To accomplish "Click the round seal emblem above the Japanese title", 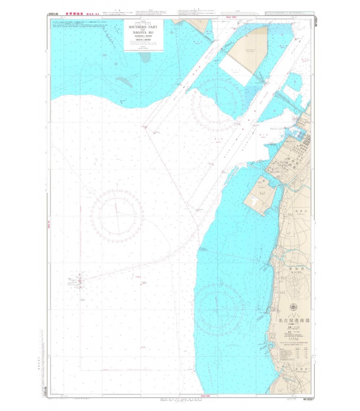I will click(294, 307).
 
